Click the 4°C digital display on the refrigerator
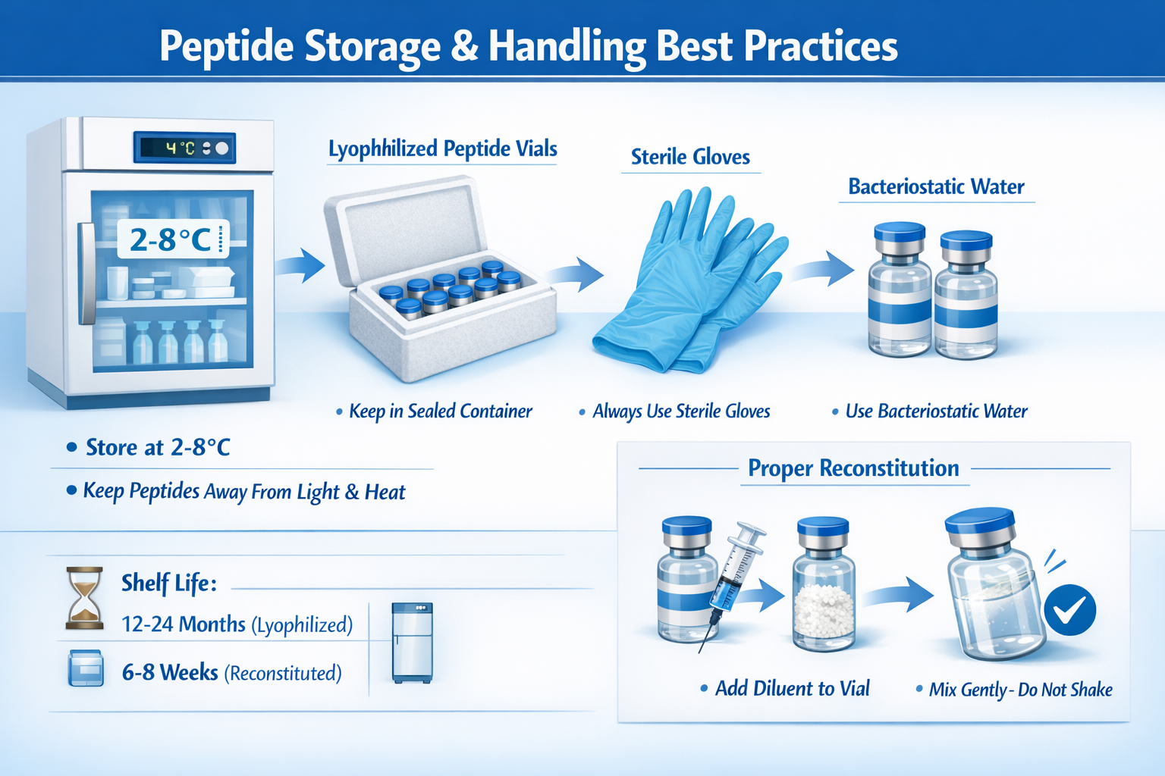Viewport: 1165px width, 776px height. (x=184, y=148)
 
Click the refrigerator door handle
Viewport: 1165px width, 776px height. (x=86, y=273)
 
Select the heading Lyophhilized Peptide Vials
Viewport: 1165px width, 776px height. (x=442, y=149)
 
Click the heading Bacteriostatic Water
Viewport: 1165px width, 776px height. (x=936, y=186)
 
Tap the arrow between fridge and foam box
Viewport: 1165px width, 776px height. (x=300, y=265)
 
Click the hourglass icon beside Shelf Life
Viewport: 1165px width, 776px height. (x=84, y=598)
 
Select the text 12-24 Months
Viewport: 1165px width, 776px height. (x=184, y=624)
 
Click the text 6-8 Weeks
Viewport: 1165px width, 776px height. (x=170, y=673)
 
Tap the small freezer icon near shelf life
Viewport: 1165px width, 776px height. (x=412, y=643)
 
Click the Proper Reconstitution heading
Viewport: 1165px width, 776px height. (x=853, y=468)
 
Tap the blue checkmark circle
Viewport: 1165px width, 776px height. (x=1069, y=609)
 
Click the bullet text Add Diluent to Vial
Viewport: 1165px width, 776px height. (x=792, y=688)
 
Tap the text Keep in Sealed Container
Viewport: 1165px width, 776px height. (x=440, y=411)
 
